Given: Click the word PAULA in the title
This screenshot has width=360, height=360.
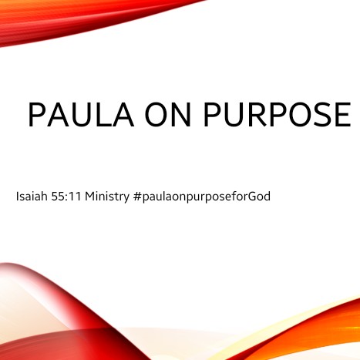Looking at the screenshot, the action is click(81, 115).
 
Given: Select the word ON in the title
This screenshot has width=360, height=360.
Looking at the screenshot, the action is click(167, 115).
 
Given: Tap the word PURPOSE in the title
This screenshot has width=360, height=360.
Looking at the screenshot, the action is click(278, 115).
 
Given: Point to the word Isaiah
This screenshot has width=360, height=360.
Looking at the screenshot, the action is click(32, 197).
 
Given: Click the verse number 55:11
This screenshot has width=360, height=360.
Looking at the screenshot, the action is click(66, 197).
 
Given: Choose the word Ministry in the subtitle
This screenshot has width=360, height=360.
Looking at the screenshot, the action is click(107, 197).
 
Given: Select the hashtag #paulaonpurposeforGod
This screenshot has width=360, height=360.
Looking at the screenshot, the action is click(202, 197).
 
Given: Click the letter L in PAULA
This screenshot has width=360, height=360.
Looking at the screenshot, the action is click(101, 115).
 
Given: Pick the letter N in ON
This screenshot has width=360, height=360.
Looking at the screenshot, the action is click(180, 115).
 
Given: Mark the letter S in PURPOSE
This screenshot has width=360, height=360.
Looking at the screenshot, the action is click(320, 115).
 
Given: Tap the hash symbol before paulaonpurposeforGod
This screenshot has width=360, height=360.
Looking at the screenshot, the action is click(137, 197).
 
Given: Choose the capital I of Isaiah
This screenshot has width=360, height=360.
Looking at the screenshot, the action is click(17, 197).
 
